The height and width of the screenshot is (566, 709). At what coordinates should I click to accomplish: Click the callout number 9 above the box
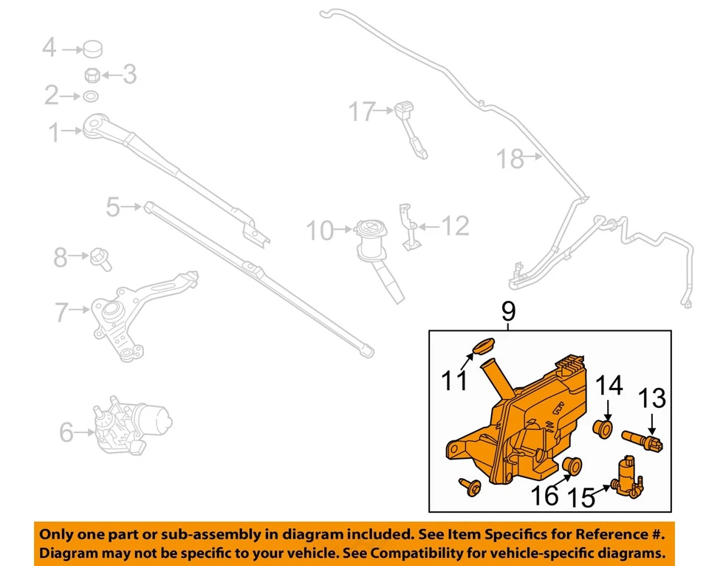pos(507,313)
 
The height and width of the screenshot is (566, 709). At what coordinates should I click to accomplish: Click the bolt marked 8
pos(100,258)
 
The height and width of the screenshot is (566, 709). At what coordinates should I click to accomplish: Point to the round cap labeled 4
pos(92,50)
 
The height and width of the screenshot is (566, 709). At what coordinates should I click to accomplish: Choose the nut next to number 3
pos(92,75)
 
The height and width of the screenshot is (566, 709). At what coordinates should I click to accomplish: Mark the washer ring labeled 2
pos(90,96)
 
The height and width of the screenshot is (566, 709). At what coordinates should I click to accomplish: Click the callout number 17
pos(362,112)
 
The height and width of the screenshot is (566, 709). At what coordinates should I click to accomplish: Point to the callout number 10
pos(320,231)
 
